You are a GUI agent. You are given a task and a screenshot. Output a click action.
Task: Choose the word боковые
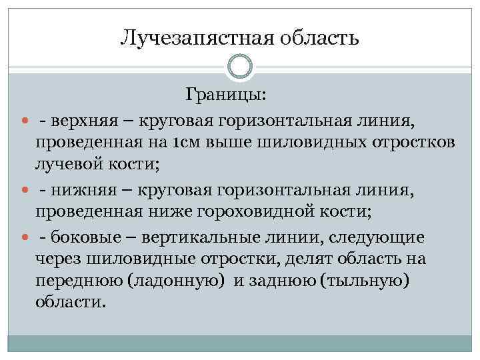pyautogui.click(x=85, y=237)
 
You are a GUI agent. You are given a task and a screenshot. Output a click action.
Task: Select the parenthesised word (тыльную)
pyautogui.click(x=363, y=280)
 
